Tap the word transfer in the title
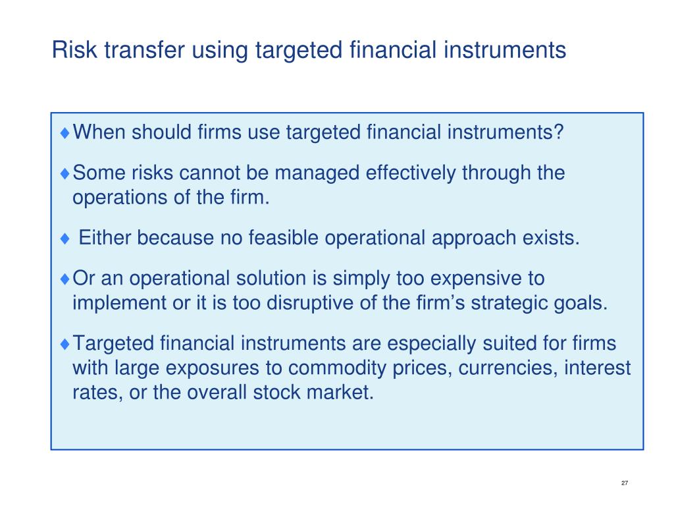click(x=144, y=49)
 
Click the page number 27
click(x=625, y=483)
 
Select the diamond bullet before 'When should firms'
click(x=65, y=133)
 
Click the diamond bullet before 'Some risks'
click(x=65, y=174)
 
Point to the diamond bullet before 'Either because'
click(x=65, y=239)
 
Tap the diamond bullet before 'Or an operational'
click(x=65, y=279)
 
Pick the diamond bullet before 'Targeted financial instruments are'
click(x=65, y=344)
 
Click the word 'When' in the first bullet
click(x=99, y=132)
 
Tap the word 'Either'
click(x=105, y=238)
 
